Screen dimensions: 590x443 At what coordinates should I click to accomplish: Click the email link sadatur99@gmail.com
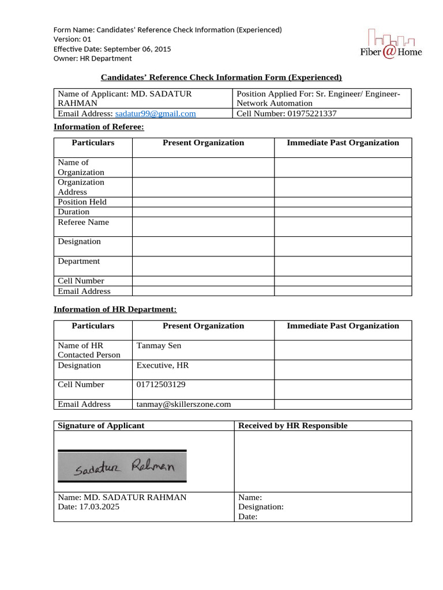click(155, 114)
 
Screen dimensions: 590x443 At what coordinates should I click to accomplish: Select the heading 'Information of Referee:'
click(99, 127)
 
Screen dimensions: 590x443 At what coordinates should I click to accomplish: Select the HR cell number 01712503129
click(161, 384)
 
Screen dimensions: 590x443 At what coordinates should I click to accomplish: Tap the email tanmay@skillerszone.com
click(183, 404)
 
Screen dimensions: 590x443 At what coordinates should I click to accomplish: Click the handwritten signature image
click(122, 466)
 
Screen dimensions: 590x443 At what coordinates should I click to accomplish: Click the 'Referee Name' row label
click(83, 222)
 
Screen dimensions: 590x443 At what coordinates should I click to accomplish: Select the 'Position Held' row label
click(82, 202)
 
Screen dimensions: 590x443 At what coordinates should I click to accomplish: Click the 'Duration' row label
click(73, 211)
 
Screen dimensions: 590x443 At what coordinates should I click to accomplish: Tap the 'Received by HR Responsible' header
click(292, 425)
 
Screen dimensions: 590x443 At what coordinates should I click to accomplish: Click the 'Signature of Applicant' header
click(101, 425)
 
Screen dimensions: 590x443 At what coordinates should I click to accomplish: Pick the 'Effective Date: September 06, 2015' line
click(112, 49)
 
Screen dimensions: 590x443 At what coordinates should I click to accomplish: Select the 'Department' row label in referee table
click(78, 261)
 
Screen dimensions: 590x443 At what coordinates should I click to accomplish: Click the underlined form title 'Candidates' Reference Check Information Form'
click(221, 77)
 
